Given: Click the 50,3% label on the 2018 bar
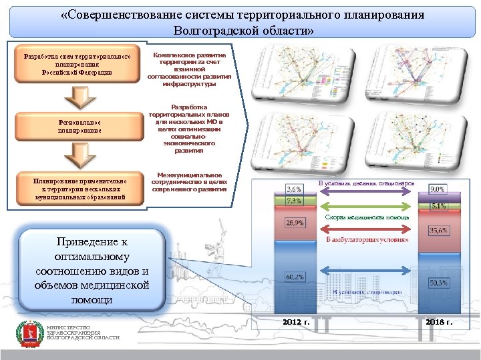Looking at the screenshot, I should coord(438,283).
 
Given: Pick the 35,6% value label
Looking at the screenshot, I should coord(438,231).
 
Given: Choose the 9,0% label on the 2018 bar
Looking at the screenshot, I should coord(438,190).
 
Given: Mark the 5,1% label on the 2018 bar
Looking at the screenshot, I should coord(438,206).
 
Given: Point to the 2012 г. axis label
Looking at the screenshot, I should coord(296,322).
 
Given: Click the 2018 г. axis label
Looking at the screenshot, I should coord(439,322).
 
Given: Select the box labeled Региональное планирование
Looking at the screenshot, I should coord(79,127).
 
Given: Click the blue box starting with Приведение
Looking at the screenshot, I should coord(92,270).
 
